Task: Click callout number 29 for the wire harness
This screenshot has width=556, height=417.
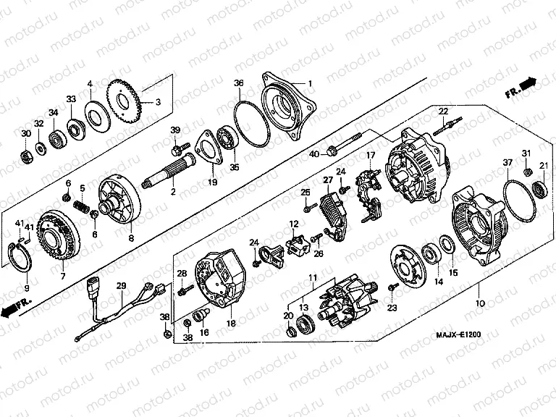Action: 121,287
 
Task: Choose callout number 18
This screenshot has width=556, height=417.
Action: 230,324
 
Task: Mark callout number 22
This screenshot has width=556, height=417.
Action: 443,110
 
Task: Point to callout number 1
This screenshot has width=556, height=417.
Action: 309,84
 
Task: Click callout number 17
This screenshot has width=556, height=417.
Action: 370,155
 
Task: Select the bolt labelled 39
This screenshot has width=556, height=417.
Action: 177,150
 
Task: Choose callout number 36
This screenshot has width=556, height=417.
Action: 238,84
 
